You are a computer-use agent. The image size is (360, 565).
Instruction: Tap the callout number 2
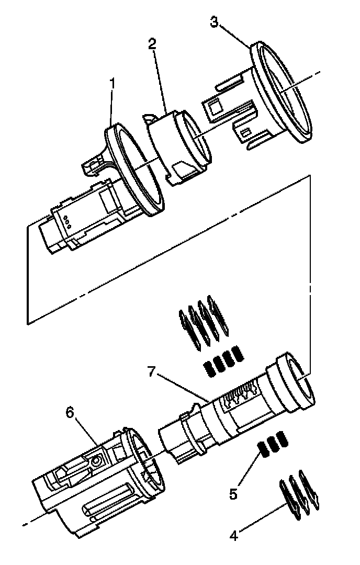tap(153, 44)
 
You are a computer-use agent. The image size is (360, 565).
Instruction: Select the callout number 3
tap(213, 22)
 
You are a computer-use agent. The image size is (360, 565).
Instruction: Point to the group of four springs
tap(223, 360)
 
